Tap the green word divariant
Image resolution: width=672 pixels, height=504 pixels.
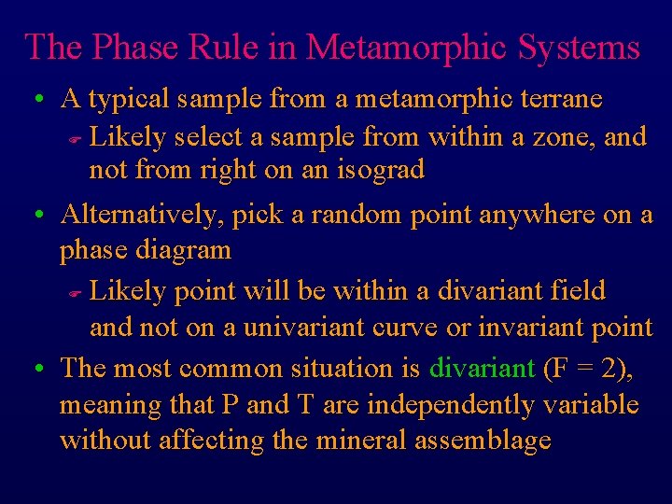[x=482, y=368]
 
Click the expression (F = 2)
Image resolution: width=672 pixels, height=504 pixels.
[x=587, y=368]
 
